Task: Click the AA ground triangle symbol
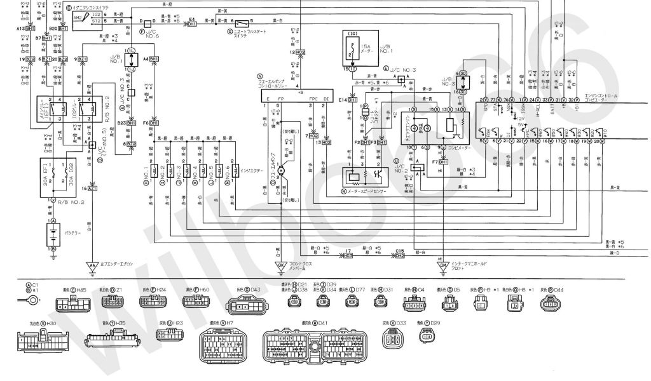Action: pyautogui.click(x=92, y=265)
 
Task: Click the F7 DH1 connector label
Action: pyautogui.click(x=440, y=161)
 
